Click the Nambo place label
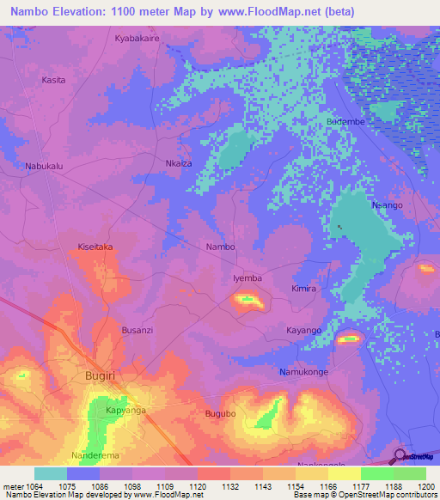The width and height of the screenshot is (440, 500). click(x=220, y=247)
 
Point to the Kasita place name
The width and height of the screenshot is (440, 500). click(x=53, y=80)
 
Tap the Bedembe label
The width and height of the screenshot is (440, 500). click(x=345, y=122)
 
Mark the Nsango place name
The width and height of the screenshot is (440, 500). click(x=387, y=205)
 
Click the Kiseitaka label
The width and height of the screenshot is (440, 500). click(x=95, y=246)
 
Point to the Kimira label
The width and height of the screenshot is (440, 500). click(x=303, y=289)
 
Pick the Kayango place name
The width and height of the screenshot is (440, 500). click(x=303, y=330)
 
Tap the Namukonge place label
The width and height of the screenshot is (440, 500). click(x=303, y=372)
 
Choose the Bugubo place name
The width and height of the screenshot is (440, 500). click(x=220, y=414)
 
